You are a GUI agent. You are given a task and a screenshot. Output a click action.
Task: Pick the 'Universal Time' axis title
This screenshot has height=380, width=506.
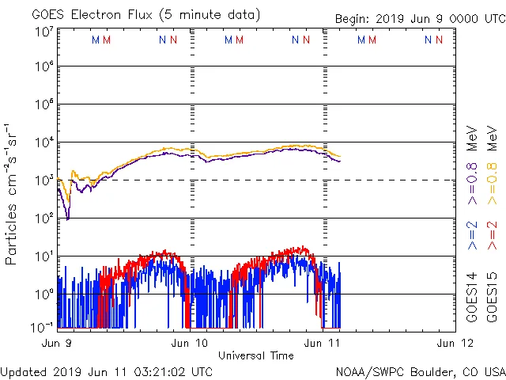click(256, 355)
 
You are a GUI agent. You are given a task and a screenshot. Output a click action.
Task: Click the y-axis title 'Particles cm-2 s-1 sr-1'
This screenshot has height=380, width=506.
click(12, 194)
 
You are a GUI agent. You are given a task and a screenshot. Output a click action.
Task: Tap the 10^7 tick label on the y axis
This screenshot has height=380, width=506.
click(43, 32)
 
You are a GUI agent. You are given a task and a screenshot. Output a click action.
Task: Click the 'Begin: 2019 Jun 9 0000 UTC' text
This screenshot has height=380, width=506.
click(418, 18)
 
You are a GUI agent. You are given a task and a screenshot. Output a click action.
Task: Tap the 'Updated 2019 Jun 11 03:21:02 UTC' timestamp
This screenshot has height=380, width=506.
click(106, 370)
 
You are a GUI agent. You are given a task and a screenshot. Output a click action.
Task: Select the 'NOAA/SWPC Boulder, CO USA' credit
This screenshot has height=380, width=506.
click(420, 370)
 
